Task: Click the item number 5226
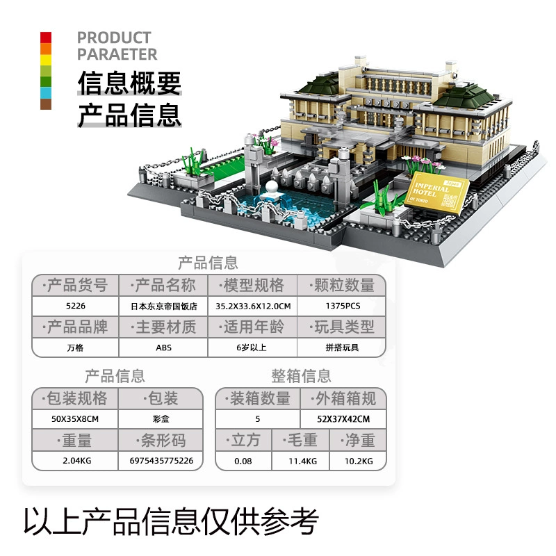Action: (76, 306)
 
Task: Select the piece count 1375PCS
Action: (343, 306)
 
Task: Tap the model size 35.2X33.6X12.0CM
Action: (253, 306)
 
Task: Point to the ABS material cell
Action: (163, 347)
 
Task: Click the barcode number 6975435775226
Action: (161, 461)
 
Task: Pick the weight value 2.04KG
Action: (77, 461)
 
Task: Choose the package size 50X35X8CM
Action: (75, 419)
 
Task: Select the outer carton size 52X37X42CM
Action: (343, 419)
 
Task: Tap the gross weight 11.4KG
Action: (302, 461)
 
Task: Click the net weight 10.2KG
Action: (359, 461)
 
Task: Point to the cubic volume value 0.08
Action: (243, 461)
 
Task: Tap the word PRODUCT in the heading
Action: (114, 38)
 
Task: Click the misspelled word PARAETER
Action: (117, 54)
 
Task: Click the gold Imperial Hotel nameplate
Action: (437, 193)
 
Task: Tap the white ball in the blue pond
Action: (271, 187)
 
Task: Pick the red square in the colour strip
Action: (46, 38)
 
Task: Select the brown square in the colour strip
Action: (46, 104)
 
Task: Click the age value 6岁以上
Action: (252, 347)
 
